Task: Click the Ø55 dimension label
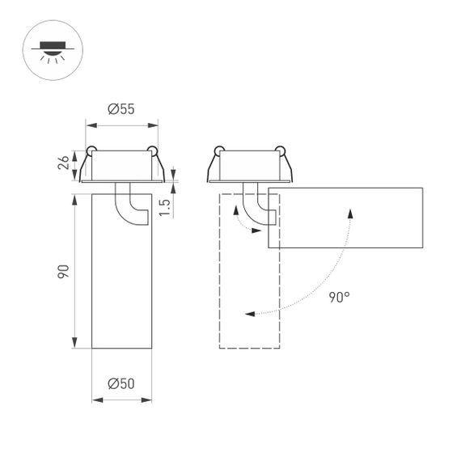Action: coord(121,110)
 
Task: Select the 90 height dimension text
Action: coord(63,271)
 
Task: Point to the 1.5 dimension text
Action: coord(164,206)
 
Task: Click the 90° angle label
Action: coord(340,297)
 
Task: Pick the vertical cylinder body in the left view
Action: coord(121,283)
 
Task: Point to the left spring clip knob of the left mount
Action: coord(91,150)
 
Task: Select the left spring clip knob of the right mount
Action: coord(218,150)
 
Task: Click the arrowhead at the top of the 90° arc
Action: coord(350,211)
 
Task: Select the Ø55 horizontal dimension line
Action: coord(121,125)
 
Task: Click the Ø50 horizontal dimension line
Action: coord(121,399)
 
